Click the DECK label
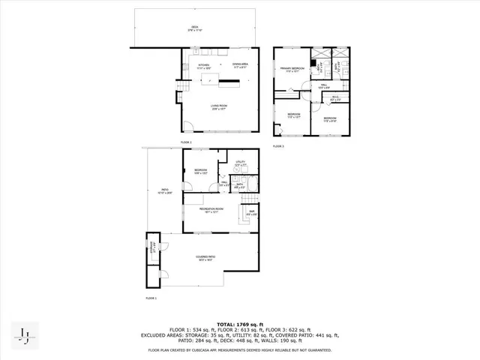[194, 28]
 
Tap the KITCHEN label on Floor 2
[204, 65]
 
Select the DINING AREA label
[240, 65]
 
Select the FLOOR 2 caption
[186, 142]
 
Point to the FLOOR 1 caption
[151, 298]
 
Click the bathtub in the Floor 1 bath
[253, 182]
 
